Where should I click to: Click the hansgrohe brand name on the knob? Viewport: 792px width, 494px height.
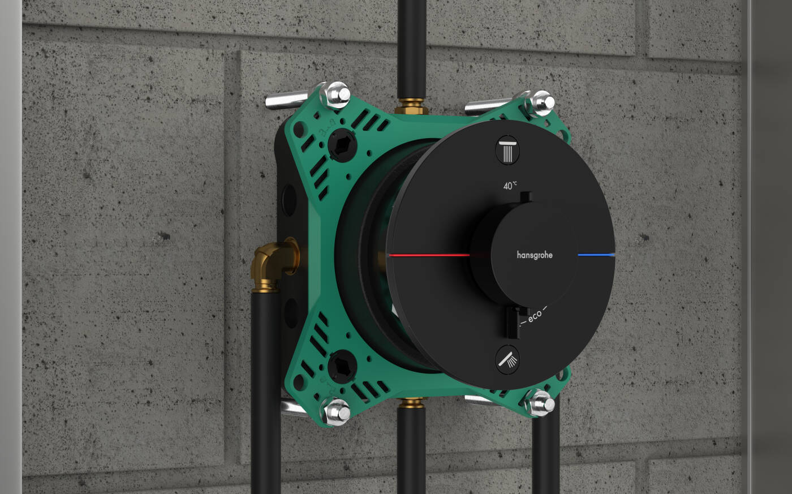click(x=535, y=255)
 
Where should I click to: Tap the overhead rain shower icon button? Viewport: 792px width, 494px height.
click(x=507, y=151)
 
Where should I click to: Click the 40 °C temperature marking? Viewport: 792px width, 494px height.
click(x=510, y=186)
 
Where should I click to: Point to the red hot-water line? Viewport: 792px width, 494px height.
click(x=429, y=255)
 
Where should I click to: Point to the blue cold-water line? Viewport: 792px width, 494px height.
click(x=596, y=255)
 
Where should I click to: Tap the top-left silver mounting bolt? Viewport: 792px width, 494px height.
click(x=335, y=94)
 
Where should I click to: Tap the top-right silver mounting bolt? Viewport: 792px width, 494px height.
click(x=540, y=103)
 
